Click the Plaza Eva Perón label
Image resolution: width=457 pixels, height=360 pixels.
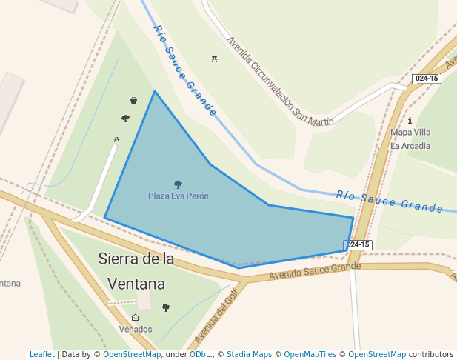point(178,196)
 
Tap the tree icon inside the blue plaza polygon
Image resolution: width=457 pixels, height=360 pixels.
point(178,184)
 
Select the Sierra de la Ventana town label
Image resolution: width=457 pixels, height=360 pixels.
point(137,271)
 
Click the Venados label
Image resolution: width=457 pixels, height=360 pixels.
point(136,329)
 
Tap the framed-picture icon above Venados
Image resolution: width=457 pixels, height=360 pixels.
point(135,318)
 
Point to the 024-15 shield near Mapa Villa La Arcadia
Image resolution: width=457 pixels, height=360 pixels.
point(426,78)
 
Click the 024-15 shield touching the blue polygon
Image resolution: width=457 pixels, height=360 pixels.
point(358,244)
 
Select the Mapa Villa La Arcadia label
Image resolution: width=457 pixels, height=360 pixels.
point(410,139)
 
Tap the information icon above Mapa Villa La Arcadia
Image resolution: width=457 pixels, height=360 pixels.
point(410,120)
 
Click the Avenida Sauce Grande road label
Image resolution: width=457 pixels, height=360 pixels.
point(315,272)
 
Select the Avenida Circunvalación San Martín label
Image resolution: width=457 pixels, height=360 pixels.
point(280,82)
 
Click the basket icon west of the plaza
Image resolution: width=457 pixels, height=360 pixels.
point(133,100)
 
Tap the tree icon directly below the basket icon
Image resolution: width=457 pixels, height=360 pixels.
point(125,118)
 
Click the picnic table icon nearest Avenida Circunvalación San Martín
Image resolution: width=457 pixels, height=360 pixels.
point(214,58)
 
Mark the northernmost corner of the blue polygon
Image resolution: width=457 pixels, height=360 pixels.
point(155,91)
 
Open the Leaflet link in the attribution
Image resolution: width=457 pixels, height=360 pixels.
point(41,354)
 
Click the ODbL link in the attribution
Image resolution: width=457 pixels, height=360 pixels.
point(199,354)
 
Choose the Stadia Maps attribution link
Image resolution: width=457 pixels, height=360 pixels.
point(249,354)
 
